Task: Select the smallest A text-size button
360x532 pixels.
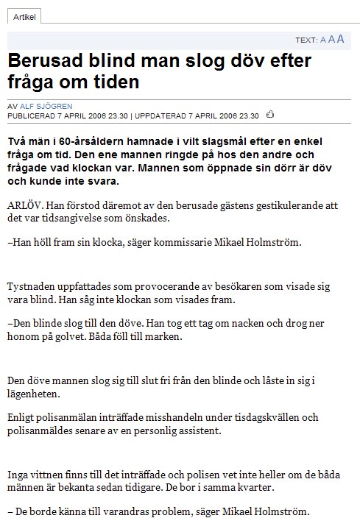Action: pos(322,40)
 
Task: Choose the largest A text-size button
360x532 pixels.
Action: pos(340,38)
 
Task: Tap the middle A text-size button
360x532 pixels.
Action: pos(331,39)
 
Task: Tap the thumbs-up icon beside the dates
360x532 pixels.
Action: pos(270,114)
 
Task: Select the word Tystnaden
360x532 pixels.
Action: pos(34,284)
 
